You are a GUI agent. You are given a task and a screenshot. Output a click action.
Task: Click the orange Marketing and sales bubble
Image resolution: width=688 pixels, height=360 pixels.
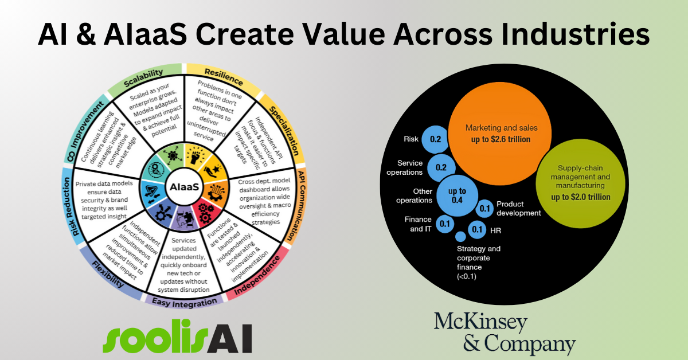[500, 134]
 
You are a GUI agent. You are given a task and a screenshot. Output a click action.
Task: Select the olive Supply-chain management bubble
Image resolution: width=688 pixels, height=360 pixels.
[580, 183]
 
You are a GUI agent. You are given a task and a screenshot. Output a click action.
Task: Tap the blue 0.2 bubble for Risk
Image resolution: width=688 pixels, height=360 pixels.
[435, 139]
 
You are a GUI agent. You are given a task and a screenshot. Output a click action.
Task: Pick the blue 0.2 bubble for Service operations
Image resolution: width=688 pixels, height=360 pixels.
[441, 167]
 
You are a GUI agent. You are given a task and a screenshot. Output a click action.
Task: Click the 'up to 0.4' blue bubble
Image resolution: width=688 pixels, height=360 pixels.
[457, 195]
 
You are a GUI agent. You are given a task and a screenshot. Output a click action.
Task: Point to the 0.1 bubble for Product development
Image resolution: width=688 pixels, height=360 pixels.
[484, 209]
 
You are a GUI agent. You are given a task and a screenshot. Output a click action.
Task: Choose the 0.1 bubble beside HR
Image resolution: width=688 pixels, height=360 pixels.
[477, 229]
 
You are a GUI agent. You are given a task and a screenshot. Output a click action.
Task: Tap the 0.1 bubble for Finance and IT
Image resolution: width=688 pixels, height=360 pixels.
[445, 224]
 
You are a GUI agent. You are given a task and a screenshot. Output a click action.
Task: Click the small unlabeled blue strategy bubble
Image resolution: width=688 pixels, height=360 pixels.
[460, 236]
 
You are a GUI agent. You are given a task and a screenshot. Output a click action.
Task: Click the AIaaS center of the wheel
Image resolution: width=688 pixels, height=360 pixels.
[184, 187]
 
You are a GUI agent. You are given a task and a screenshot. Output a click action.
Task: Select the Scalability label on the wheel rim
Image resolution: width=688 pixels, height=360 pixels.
[143, 77]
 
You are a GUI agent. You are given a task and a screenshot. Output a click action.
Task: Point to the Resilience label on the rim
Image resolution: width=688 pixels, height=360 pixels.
[224, 77]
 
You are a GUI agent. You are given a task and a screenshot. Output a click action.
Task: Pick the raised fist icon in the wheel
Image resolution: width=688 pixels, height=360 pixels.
[196, 155]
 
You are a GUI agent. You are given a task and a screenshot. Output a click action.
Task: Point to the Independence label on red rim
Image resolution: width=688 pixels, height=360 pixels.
[257, 276]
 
